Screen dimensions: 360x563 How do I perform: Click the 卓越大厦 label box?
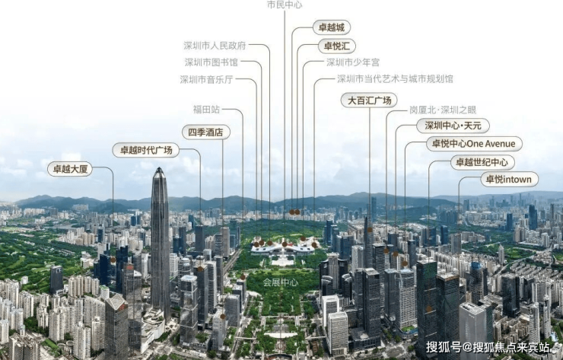tap(69, 169)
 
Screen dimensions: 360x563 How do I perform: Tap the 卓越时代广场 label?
tap(146, 150)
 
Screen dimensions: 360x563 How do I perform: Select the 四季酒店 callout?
tap(206, 132)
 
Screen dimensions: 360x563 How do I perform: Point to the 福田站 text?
tap(206, 110)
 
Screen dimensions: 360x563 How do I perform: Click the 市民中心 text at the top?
tap(285, 5)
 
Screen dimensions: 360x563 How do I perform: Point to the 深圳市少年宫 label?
tap(353, 62)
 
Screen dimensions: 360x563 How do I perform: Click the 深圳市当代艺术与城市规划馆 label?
tap(395, 79)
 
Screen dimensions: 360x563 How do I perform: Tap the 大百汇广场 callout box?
tap(369, 100)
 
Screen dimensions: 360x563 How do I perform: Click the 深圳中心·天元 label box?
tap(453, 126)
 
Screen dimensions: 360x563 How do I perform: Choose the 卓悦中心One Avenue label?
tap(473, 144)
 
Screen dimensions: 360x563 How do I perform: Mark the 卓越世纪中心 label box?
tap(482, 162)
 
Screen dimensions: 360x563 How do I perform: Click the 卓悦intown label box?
tap(509, 180)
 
